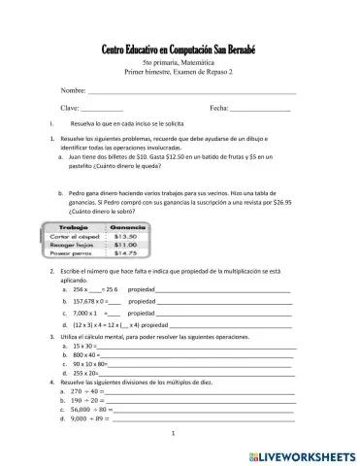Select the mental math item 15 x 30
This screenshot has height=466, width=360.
[x=83, y=345]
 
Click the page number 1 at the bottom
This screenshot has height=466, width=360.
[x=172, y=434]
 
